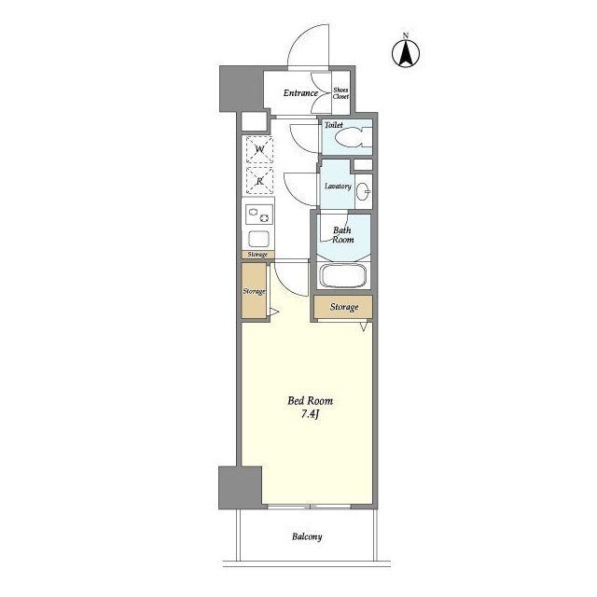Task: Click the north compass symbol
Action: pos(406,52)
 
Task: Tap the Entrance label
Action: pos(300,93)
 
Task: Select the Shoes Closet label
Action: pos(340,93)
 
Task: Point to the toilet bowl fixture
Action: pos(353,137)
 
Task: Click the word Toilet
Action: pos(334,124)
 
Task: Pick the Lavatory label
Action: pos(338,187)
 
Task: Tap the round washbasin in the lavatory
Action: pos(365,190)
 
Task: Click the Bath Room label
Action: pos(342,235)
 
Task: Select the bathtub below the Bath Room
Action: pos(343,276)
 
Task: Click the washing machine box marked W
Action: pos(259,149)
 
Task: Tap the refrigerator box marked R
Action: pos(259,180)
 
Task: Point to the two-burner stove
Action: pos(259,215)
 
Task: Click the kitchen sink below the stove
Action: pos(259,240)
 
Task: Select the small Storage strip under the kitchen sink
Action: pos(257,255)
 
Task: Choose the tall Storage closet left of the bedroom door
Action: pos(254,291)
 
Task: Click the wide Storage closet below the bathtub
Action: pos(343,307)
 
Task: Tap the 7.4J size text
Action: pos(310,414)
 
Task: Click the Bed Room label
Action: pos(310,400)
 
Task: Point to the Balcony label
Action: pos(307,537)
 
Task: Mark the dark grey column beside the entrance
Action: pos(242,89)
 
